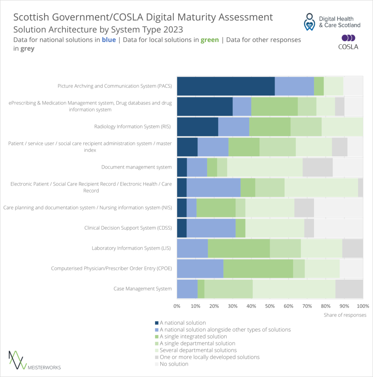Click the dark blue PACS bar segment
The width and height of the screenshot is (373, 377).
click(226, 86)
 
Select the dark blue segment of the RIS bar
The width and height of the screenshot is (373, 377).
click(198, 127)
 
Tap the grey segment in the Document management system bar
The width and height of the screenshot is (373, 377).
click(317, 167)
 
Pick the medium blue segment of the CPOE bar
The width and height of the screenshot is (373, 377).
click(200, 268)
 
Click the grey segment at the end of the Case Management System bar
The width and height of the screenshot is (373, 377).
click(349, 289)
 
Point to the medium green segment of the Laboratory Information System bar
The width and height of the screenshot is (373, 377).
click(239, 248)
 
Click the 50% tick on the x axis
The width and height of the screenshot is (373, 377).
click(270, 306)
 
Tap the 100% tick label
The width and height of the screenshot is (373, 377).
click(363, 306)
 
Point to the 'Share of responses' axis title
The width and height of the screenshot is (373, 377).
click(345, 315)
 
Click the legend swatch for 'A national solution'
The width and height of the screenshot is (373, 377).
click(157, 323)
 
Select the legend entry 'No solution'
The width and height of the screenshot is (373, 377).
click(174, 364)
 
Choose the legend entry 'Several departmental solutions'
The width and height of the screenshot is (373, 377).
click(198, 350)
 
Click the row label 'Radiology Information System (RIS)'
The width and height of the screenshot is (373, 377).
click(133, 127)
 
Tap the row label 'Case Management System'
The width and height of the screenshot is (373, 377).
click(143, 289)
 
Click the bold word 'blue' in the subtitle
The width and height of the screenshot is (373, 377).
click(109, 40)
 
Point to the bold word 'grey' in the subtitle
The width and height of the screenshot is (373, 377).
click(27, 49)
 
